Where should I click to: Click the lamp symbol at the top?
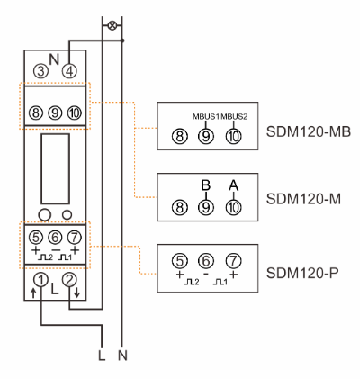point(112,25)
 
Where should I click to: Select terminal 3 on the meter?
point(40,71)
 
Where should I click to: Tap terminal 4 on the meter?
point(69,71)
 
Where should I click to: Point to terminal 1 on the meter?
point(41,280)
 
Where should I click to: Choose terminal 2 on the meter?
point(69,280)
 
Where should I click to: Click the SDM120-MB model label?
point(309,131)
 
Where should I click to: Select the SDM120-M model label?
point(303,199)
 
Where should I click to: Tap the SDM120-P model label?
point(302,273)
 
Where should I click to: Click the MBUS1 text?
point(206,117)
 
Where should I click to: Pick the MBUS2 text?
point(234,117)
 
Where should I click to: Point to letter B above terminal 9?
point(206,185)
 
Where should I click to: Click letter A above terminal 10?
point(234,185)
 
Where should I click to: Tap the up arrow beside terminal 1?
point(33,293)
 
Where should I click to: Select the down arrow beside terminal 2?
point(76,293)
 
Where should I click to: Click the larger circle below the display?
point(45,214)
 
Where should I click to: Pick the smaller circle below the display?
point(67,214)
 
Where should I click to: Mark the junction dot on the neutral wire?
point(122,41)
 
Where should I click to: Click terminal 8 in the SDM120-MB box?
point(180,137)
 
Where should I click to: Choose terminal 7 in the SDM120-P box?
point(234,261)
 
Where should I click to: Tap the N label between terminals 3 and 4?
point(54,59)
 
